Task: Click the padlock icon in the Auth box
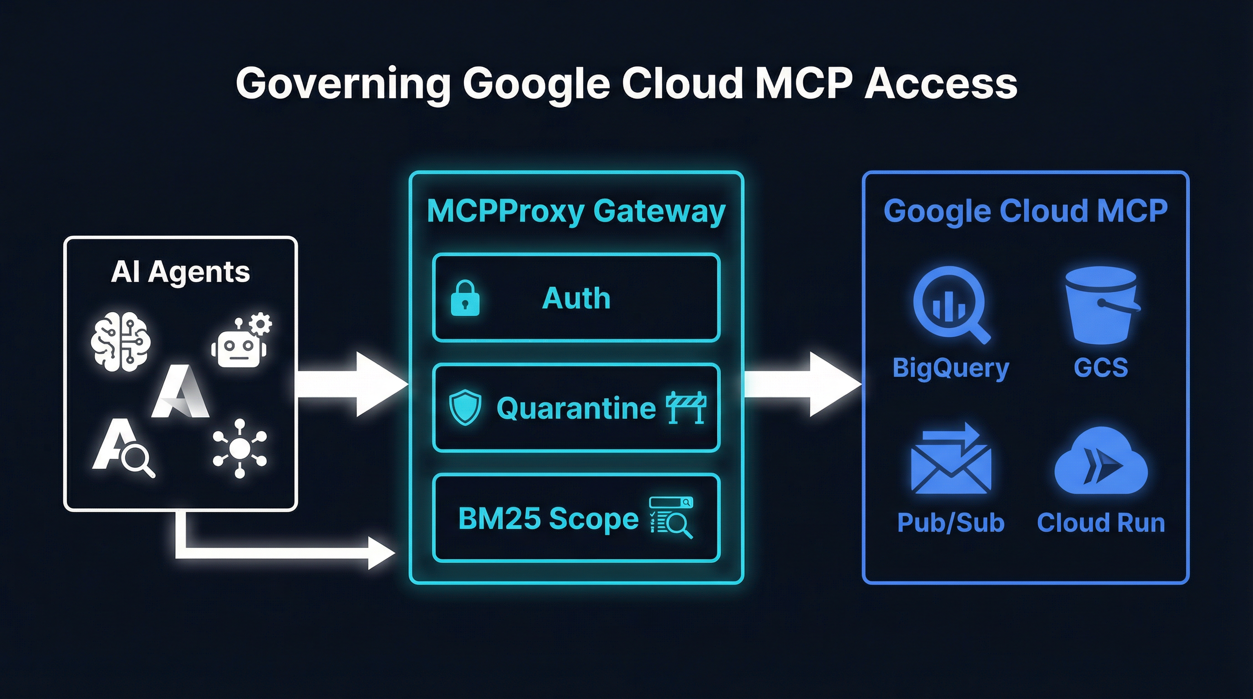pos(465,299)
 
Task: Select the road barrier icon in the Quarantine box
pos(686,407)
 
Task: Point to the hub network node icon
pos(239,448)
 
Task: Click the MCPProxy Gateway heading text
pos(576,211)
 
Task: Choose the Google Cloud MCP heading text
pos(1025,211)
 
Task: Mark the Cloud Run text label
pos(1100,523)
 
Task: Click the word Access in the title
pos(941,84)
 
